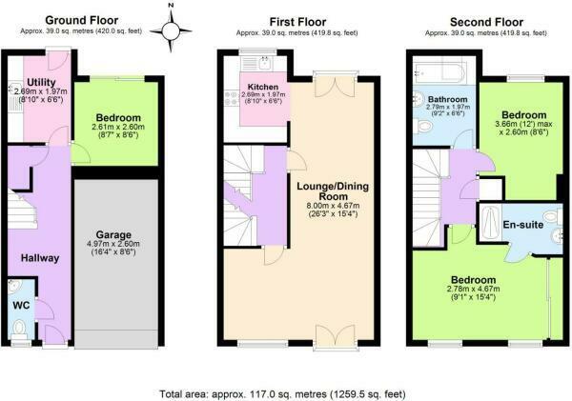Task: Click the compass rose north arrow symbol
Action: coord(171,30)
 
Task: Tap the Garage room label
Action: coord(113,234)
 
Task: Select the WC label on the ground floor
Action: coord(21,305)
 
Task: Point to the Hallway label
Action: coord(40,258)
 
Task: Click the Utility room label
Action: coord(41,82)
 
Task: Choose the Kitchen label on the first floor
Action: coord(263,87)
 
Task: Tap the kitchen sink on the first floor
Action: coord(265,63)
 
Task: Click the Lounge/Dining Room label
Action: coord(333,191)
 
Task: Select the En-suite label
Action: coord(523,225)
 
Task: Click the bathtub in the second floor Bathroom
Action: coord(439,72)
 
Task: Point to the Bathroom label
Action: coord(448,99)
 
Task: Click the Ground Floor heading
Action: coord(81,20)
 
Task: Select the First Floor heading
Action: coord(297,22)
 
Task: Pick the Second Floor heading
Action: coord(486,22)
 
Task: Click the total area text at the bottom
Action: coord(283,394)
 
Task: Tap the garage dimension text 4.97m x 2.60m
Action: coord(113,244)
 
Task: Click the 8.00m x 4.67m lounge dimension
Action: coord(333,206)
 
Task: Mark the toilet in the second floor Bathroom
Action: coord(423,128)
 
